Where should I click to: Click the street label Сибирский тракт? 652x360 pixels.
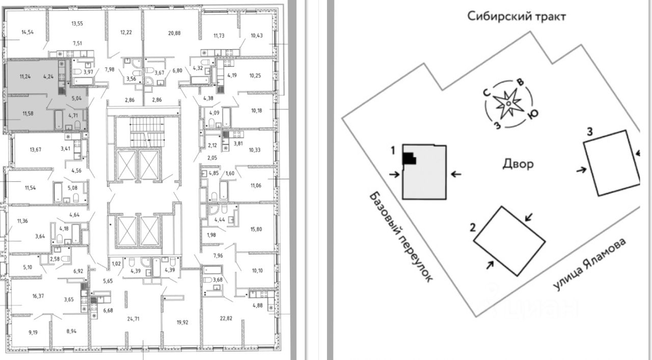coord(517,16)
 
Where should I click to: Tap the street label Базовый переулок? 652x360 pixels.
coord(401,237)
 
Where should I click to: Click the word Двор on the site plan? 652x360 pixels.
coord(518,164)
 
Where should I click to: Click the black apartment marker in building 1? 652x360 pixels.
coord(409,158)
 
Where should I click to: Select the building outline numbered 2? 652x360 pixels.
coord(510,241)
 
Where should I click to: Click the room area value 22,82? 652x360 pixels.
coord(222,319)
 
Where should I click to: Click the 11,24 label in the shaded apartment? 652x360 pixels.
coord(25,77)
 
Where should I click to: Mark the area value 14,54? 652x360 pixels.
coord(28,32)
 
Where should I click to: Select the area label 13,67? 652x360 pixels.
coord(35,149)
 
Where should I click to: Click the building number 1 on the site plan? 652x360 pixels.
coord(393,151)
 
